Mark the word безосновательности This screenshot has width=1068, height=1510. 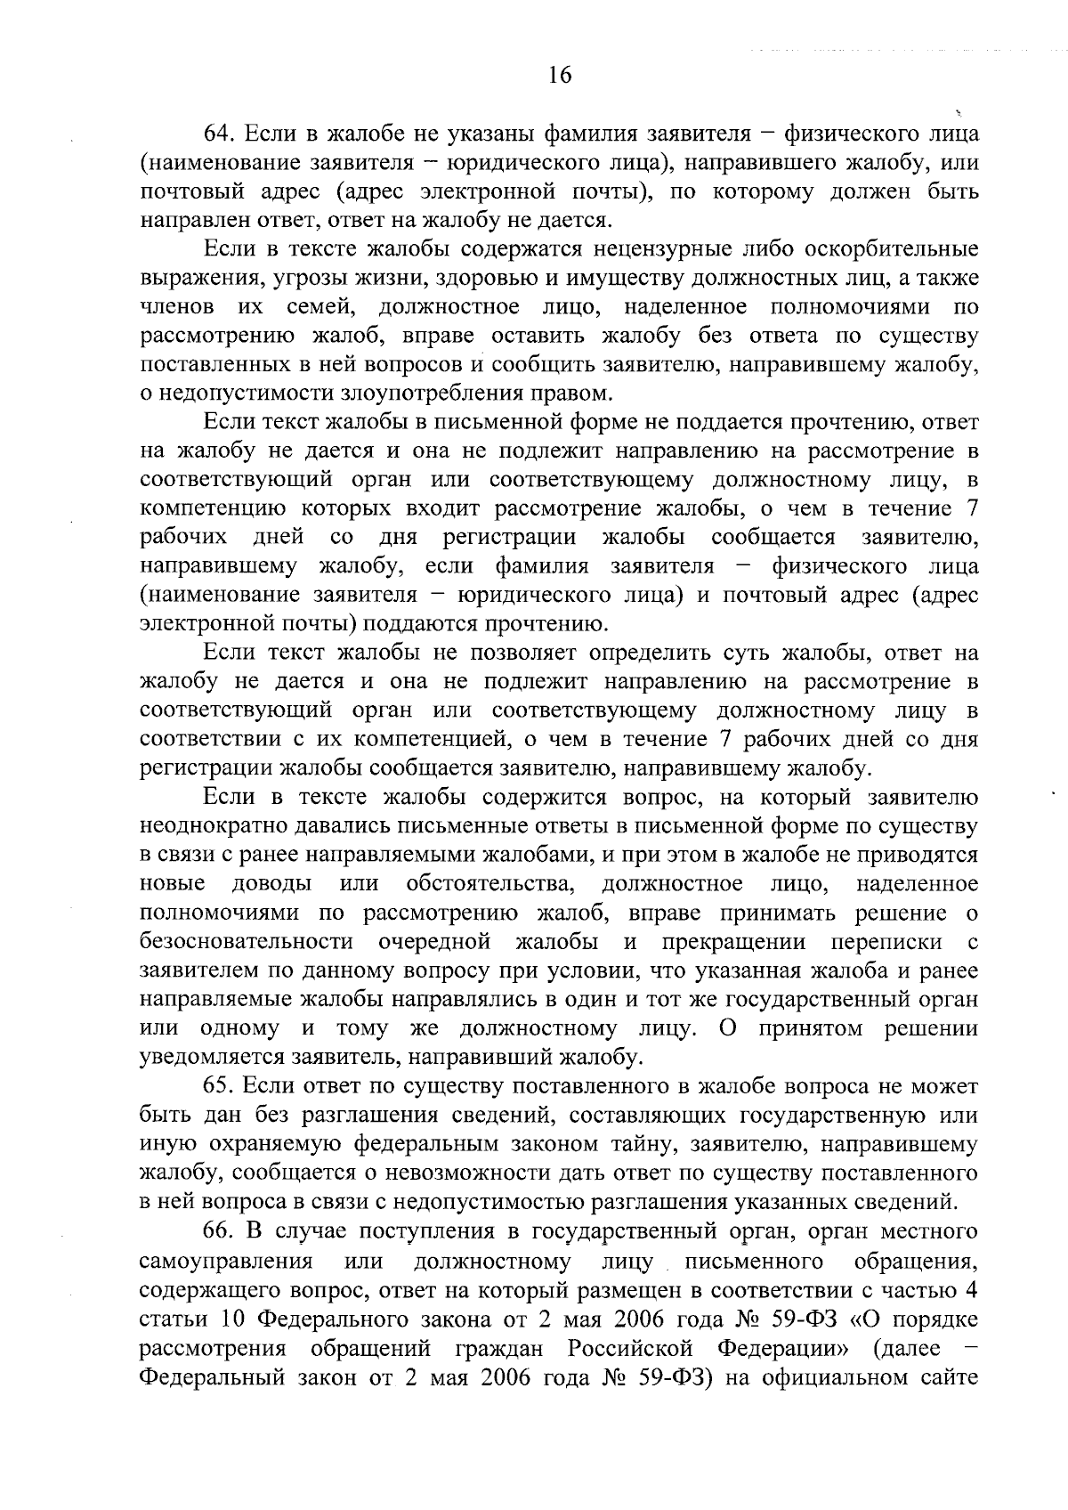tap(247, 942)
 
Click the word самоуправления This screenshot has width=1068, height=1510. tap(226, 1262)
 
